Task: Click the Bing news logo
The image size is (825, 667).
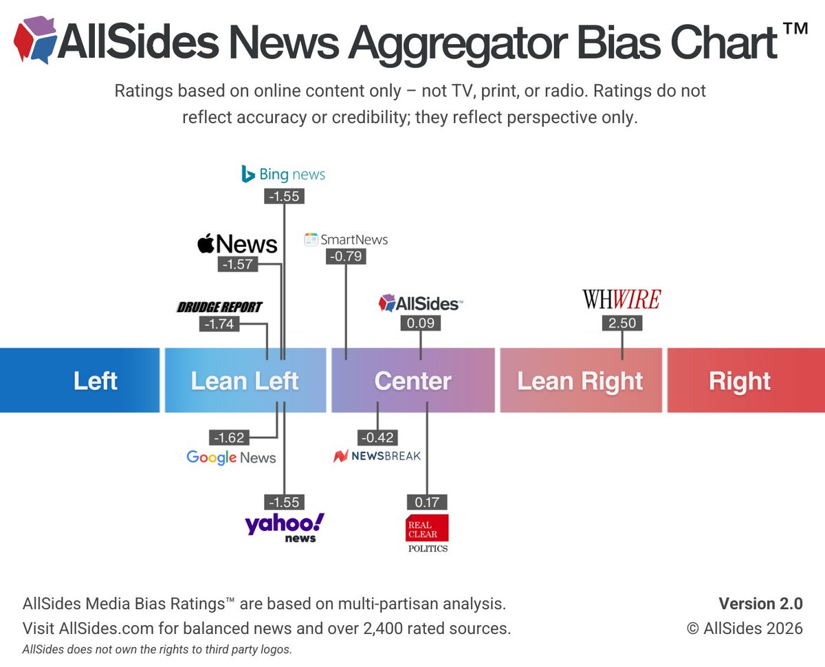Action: click(x=283, y=174)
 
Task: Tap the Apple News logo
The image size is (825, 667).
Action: click(x=237, y=243)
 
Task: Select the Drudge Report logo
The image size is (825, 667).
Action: click(x=219, y=307)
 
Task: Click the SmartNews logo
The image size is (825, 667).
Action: click(x=346, y=239)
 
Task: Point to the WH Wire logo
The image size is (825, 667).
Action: click(x=621, y=299)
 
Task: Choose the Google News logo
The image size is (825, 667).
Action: click(x=231, y=457)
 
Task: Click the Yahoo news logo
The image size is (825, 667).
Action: click(x=285, y=527)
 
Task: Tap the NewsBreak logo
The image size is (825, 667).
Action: click(x=377, y=456)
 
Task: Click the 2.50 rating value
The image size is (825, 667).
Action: click(x=622, y=323)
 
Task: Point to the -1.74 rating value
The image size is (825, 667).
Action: click(x=220, y=324)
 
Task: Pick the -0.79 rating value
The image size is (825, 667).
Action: click(x=346, y=256)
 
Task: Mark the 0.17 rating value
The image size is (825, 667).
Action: click(x=427, y=502)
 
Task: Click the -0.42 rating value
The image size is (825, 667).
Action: click(x=377, y=437)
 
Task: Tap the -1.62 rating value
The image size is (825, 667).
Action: click(x=230, y=437)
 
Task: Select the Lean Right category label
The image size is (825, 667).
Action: click(x=580, y=381)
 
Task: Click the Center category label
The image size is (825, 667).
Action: click(x=412, y=381)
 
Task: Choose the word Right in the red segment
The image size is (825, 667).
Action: click(x=740, y=381)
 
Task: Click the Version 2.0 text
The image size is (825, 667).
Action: click(x=760, y=604)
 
